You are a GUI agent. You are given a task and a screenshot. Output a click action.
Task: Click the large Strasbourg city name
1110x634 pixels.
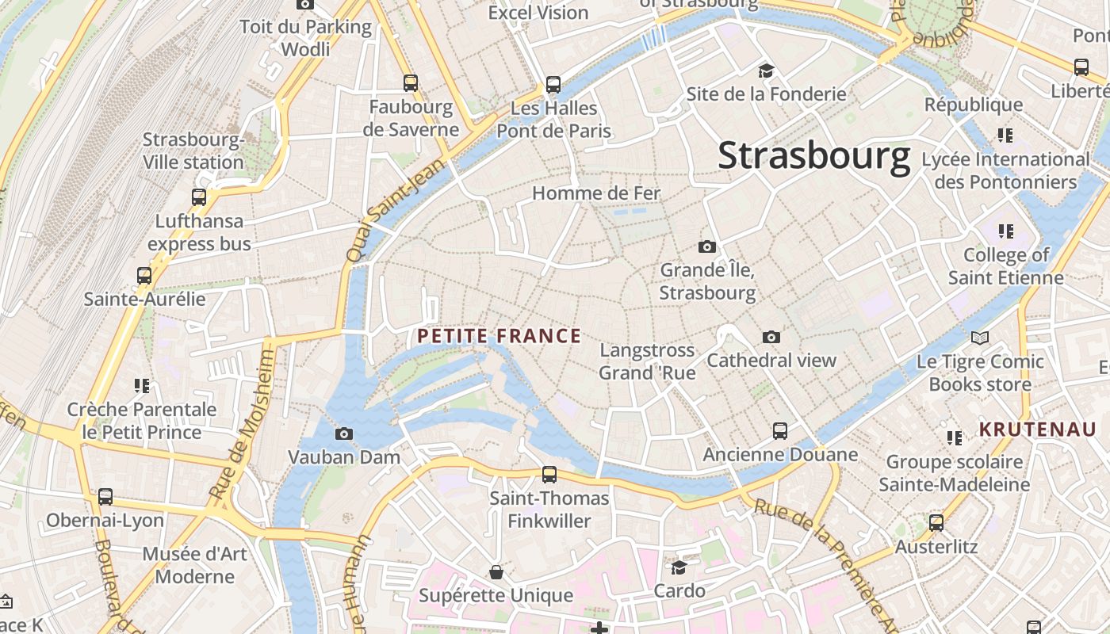813,155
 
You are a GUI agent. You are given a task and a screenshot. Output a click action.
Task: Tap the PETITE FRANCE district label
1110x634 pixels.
499,336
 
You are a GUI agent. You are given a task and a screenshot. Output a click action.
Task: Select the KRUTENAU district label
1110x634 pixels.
1038,430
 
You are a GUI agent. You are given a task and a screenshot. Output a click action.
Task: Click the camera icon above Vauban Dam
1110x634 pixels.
344,433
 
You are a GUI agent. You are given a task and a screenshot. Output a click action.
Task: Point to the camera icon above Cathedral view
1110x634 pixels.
771,338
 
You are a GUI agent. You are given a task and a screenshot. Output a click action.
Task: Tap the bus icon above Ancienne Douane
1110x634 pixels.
780,431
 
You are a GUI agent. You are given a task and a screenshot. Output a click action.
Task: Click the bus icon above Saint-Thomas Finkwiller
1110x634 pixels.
549,475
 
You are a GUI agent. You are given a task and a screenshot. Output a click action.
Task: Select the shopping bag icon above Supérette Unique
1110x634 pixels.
496,572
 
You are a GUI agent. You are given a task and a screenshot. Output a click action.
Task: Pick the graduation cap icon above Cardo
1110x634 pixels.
679,567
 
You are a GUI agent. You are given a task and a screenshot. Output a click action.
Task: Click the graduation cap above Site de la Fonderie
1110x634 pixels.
766,71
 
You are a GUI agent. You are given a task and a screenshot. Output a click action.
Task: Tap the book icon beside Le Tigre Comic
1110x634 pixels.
980,338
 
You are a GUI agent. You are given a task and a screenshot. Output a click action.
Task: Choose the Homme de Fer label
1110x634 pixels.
595,193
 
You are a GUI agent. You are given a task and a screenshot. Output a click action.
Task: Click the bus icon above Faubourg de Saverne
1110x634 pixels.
411,82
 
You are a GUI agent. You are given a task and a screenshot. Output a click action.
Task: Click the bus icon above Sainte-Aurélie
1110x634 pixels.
144,276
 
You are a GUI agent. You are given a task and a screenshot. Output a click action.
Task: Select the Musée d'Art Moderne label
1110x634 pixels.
195,564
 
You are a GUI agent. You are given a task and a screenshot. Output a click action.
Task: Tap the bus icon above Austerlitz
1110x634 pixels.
936,523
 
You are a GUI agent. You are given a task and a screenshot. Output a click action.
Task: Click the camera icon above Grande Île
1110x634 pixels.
707,247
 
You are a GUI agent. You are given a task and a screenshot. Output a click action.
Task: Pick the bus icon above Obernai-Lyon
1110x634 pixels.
105,497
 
